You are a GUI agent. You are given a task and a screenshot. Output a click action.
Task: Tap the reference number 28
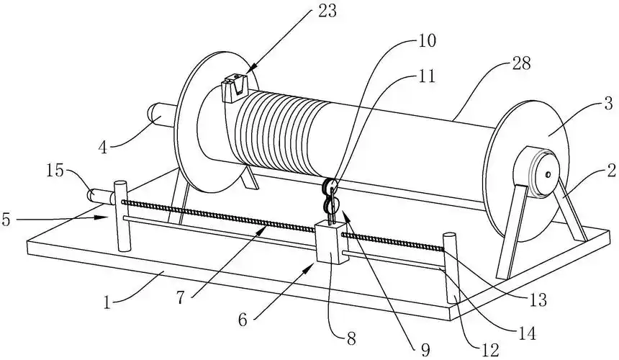[521, 63]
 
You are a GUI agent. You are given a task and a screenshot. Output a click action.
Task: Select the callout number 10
[425, 40]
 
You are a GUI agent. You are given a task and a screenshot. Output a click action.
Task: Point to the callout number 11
[425, 76]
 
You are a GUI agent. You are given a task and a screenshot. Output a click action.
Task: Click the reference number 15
[55, 171]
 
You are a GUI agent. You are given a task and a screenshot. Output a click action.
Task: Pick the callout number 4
[103, 148]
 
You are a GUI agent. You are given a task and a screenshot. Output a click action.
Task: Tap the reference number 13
[538, 300]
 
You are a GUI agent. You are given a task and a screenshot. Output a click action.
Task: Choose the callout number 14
[527, 333]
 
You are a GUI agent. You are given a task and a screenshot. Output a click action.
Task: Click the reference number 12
[491, 349]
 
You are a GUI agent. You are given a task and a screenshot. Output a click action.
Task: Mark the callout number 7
[180, 298]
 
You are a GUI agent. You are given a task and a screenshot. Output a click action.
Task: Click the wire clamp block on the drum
[235, 88]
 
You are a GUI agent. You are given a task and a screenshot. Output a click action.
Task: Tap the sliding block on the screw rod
[332, 243]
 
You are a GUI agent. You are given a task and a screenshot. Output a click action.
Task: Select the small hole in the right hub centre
[548, 174]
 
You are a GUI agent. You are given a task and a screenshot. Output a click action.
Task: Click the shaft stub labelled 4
[162, 114]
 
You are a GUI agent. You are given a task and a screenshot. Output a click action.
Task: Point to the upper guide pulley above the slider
[330, 186]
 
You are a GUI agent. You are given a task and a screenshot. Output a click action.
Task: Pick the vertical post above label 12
[451, 269]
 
